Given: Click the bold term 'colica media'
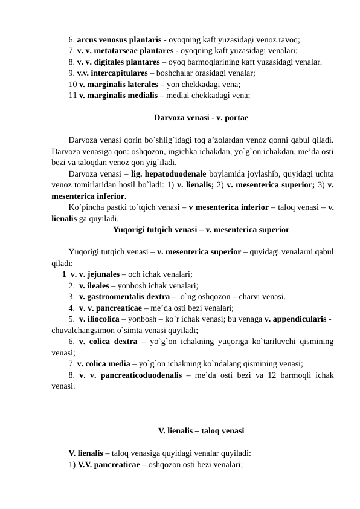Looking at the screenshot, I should (x=104, y=364).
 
